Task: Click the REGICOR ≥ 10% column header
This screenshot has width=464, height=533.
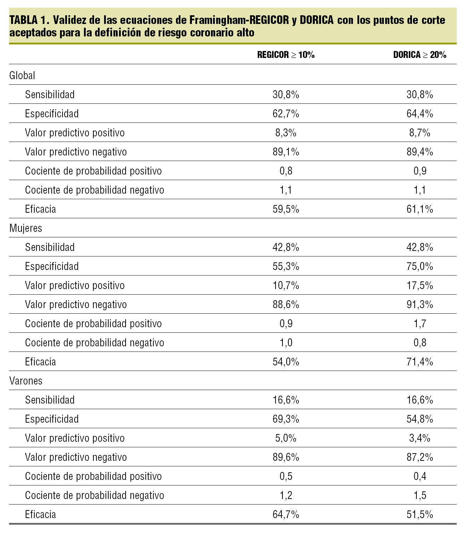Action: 286,55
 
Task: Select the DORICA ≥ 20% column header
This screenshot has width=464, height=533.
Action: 420,55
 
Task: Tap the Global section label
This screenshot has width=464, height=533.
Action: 22,75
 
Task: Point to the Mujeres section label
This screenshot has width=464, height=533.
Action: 26,228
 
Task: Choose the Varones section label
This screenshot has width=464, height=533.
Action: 26,381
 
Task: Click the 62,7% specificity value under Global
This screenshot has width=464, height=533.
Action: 286,113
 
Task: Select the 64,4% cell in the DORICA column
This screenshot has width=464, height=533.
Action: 420,113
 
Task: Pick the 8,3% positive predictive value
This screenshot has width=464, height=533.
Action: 286,133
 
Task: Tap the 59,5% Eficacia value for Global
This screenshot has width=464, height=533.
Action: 286,209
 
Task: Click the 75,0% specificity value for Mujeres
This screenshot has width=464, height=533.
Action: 420,266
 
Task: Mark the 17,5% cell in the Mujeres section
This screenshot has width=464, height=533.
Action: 420,285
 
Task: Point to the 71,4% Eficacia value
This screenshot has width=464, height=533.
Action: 420,362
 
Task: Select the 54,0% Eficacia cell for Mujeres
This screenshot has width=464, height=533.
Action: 286,362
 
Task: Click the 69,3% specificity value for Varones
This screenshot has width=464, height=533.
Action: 286,419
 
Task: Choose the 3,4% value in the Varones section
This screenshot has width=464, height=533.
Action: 420,438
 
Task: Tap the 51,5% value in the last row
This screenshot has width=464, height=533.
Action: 420,514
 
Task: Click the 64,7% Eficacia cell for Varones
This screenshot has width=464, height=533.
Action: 286,514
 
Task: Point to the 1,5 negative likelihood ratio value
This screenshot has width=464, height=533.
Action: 420,495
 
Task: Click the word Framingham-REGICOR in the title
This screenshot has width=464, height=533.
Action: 239,20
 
